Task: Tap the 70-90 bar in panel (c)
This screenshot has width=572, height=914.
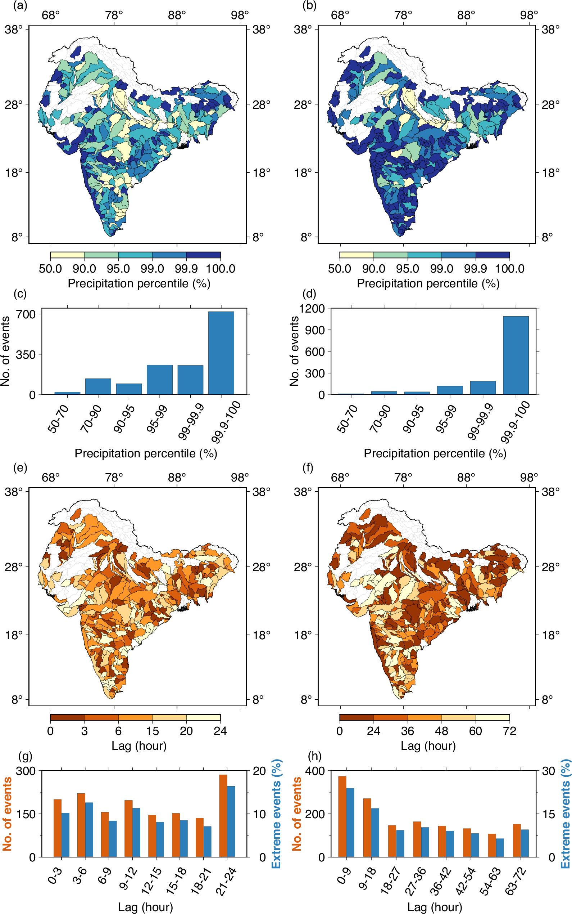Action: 98,386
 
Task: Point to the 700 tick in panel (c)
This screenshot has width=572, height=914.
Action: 26,314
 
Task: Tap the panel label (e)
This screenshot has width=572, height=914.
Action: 20,467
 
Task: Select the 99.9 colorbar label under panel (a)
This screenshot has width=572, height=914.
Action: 186,268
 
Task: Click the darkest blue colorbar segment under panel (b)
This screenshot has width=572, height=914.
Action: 492,255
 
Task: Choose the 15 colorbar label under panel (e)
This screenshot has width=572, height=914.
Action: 152,731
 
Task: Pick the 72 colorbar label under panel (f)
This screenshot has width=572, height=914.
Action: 509,731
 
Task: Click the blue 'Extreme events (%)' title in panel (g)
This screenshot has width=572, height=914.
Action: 277,814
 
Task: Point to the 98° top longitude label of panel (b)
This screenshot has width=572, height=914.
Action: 528,15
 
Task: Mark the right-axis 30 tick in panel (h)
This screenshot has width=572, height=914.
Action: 549,771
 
